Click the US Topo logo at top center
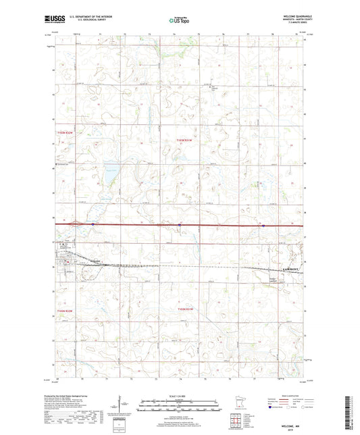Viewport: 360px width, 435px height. click(178, 21)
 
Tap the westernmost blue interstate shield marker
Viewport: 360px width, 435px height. click(93, 224)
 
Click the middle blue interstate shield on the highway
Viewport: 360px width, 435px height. click(160, 225)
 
